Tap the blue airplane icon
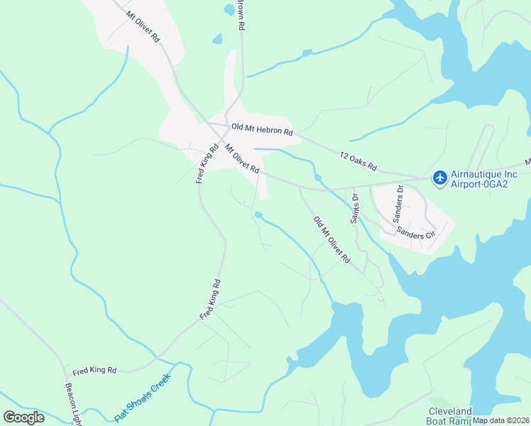[440, 176]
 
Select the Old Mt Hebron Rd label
[262, 130]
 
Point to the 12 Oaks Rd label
[357, 160]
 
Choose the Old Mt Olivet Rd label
[332, 240]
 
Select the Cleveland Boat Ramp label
[450, 416]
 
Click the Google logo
[23, 417]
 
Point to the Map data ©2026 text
[501, 420]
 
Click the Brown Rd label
[241, 14]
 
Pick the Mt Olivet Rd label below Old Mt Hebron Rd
[242, 160]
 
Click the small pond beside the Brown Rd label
[228, 9]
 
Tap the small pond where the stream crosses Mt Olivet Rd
[317, 177]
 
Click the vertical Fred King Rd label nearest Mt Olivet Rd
[208, 164]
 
